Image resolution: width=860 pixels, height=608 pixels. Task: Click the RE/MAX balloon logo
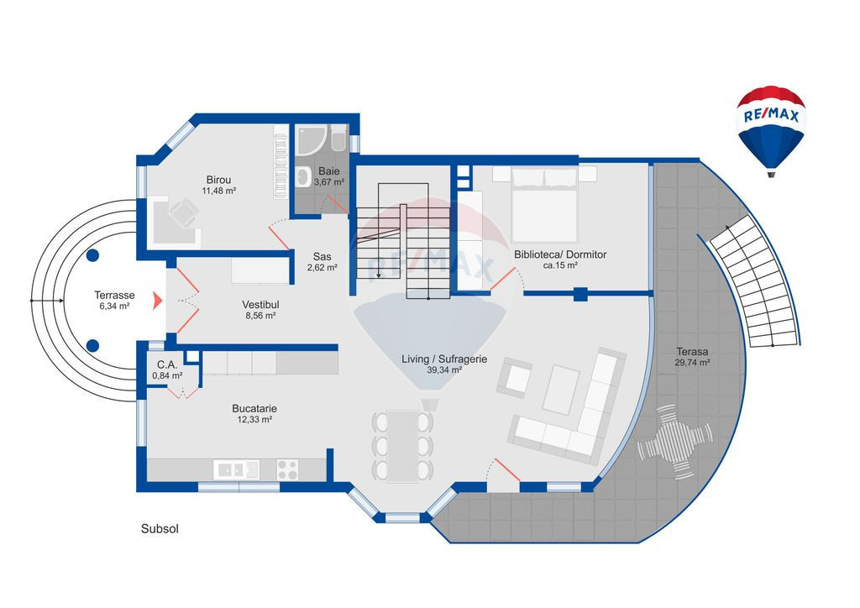pos(771,131)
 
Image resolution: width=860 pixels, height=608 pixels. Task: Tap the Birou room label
pos(218,180)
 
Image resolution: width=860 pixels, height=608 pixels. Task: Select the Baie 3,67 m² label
pos(329,176)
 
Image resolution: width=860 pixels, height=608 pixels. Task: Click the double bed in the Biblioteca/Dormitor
pos(544,205)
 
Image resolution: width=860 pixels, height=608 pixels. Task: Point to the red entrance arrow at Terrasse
pos(157,301)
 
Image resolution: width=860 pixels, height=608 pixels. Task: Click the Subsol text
pos(160,529)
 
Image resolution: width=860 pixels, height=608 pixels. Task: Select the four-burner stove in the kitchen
pos(287,469)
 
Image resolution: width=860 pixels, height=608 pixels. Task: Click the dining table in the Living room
pos(402,446)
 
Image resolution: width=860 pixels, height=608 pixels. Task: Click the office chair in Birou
pos(184,212)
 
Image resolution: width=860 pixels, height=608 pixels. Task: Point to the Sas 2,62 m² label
pos(322,261)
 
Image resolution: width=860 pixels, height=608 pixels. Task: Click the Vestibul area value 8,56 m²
pos(260,316)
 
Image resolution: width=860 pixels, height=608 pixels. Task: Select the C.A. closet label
pos(167,365)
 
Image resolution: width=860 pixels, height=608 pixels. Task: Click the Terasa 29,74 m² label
pos(692,357)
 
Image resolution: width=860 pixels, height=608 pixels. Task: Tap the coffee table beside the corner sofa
pos(560,389)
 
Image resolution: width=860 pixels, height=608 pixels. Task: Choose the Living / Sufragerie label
pos(444,359)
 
